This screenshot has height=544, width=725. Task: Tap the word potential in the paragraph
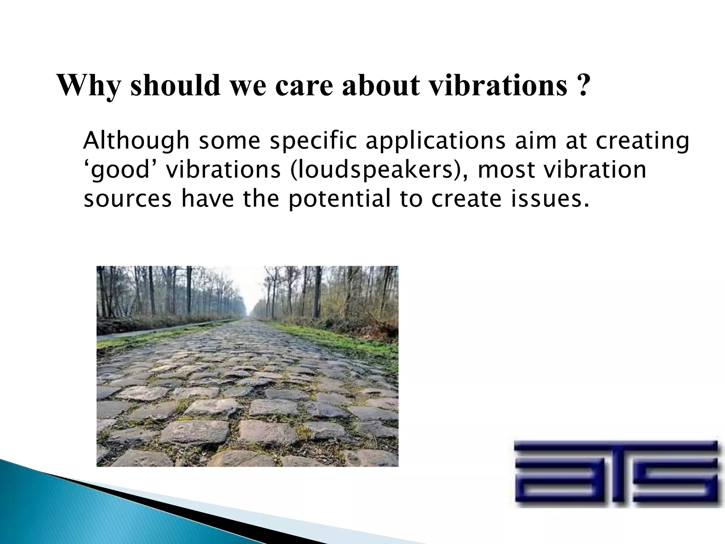pyautogui.click(x=339, y=199)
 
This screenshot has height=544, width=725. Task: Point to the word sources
pyautogui.click(x=127, y=199)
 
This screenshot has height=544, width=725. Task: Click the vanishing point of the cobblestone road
pyautogui.click(x=252, y=317)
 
